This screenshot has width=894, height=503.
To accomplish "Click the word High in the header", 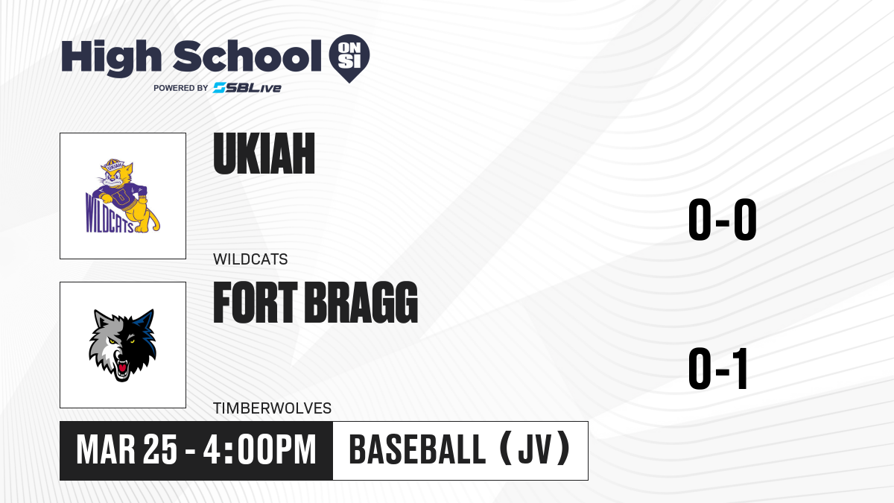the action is point(111,58).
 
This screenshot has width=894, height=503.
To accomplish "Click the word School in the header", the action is point(247,56).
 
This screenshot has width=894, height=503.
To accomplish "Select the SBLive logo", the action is point(247,88).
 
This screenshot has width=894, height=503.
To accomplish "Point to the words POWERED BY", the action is point(181,88).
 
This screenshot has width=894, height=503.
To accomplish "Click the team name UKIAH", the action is point(264,154).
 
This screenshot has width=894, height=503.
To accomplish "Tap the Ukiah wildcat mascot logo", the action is point(123,196).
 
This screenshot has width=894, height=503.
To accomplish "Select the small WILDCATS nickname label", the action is point(250,259).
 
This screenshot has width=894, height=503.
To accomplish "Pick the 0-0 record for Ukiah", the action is point(723,220).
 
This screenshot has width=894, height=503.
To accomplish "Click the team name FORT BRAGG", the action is point(315,303).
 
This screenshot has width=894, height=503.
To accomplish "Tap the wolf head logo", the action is point(122,345).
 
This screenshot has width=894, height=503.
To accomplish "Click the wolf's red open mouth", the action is point(121,367).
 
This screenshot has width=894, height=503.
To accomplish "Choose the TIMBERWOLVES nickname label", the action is point(272,408).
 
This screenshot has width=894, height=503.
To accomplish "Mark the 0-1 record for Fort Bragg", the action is point(718,368).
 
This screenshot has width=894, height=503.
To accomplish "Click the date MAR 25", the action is point(127,450).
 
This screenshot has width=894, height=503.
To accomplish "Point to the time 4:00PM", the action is point(259,450).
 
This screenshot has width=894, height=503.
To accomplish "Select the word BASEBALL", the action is point(417,450).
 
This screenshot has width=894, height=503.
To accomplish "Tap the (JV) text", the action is point(535,449).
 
